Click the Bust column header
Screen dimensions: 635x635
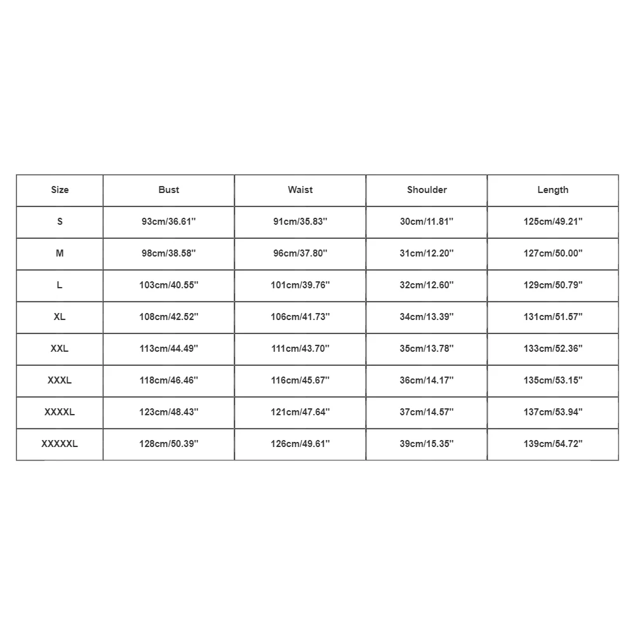169,190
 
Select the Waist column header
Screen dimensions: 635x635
300,190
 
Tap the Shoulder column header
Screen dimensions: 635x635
427,190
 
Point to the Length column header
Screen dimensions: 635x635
552,190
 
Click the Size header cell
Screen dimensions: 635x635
60,190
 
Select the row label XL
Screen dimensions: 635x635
60,317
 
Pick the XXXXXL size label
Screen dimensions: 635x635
60,444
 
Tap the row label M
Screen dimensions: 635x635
60,253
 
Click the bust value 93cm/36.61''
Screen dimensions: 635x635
169,222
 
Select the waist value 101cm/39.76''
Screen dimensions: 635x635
300,285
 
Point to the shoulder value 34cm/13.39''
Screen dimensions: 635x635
427,317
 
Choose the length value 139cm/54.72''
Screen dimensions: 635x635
552,444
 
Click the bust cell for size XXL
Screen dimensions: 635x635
169,349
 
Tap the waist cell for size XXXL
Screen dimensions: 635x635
300,380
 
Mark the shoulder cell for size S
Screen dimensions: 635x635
427,222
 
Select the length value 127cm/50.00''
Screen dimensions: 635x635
552,253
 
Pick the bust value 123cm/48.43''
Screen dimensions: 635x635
169,412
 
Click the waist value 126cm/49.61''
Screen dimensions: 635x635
300,444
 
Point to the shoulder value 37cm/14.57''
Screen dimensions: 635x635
427,412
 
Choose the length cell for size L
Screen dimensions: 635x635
552,285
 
